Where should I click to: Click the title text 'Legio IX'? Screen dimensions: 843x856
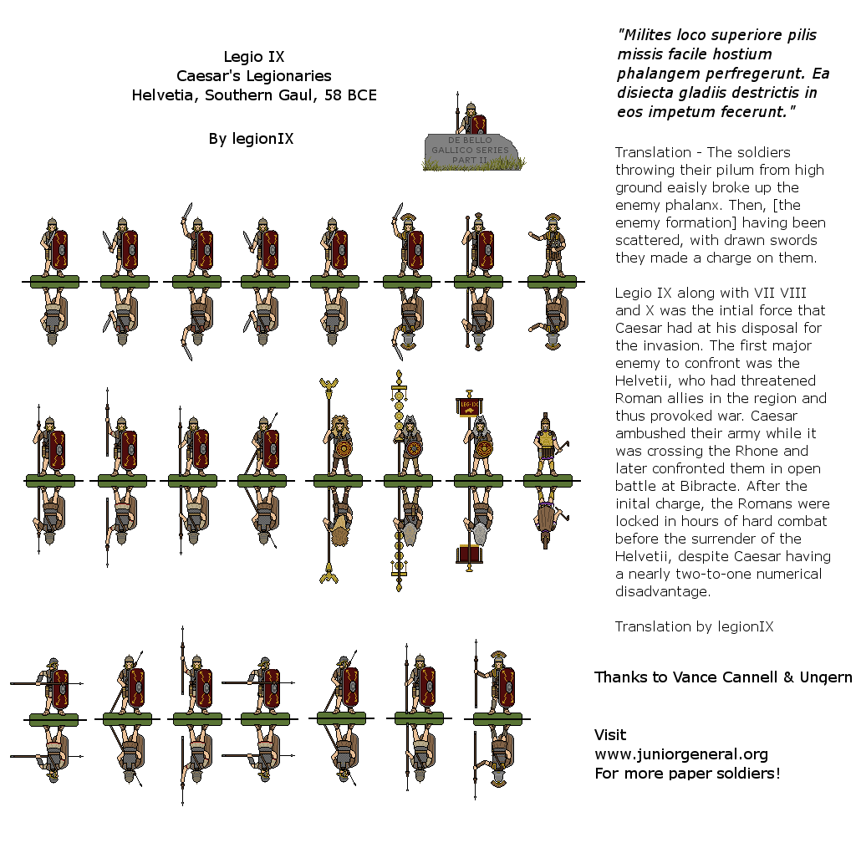(254, 58)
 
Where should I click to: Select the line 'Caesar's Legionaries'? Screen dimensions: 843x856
(254, 76)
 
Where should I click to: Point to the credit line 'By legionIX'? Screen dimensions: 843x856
(251, 139)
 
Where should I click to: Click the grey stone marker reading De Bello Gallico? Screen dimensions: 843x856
(471, 150)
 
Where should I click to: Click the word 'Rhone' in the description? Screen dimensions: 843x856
(778, 451)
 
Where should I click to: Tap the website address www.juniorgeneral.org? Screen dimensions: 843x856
(680, 754)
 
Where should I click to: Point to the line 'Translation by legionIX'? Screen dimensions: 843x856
(694, 626)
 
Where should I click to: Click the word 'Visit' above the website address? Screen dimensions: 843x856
(610, 735)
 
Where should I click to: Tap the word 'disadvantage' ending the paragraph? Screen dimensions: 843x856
(662, 591)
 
